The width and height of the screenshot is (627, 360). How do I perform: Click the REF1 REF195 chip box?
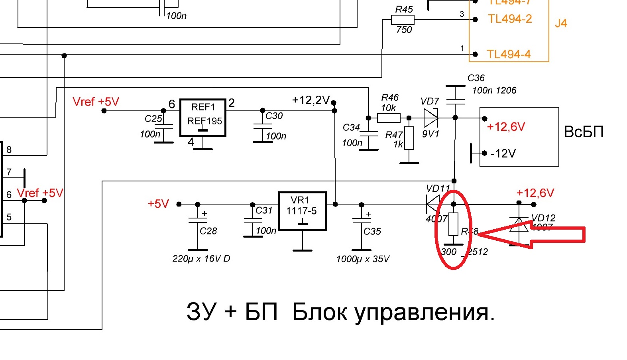click(203, 118)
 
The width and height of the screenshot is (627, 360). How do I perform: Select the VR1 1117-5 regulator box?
click(302, 211)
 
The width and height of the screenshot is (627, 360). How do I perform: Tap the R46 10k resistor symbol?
click(389, 118)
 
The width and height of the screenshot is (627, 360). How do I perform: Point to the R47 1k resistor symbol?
click(409, 138)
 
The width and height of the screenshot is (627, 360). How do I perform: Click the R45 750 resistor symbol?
click(403, 20)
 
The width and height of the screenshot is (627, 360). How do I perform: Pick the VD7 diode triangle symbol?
click(430, 118)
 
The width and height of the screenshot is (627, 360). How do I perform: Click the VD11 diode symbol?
click(433, 204)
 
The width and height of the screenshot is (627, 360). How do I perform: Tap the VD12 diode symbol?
click(519, 225)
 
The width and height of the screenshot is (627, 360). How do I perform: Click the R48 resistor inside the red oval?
click(454, 224)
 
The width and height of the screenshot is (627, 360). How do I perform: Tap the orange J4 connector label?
click(560, 23)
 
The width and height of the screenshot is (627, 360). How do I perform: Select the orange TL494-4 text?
click(509, 54)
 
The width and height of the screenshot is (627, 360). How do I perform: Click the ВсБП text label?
click(584, 132)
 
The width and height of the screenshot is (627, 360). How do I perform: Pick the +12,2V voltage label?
click(311, 100)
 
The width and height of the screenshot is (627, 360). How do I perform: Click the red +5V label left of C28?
click(158, 204)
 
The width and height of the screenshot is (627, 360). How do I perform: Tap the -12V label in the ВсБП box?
click(503, 153)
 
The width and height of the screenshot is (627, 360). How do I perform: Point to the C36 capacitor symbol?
click(455, 95)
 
